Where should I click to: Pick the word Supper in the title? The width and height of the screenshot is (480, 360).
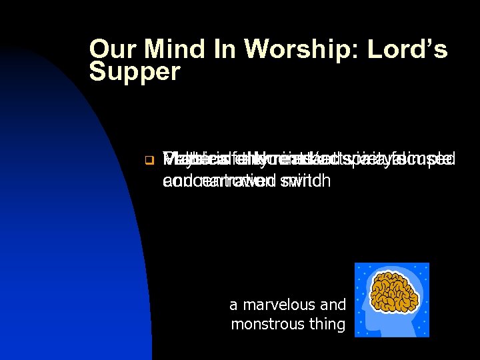[x=135, y=72]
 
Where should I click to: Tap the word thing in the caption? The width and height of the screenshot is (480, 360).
[x=329, y=325]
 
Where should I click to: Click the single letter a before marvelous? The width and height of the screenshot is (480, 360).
[x=233, y=306]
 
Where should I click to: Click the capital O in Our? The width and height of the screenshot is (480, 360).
[x=100, y=49]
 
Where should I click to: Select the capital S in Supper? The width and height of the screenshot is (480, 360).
[x=99, y=71]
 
